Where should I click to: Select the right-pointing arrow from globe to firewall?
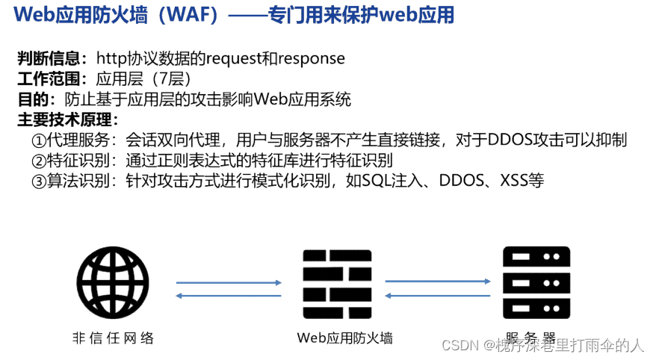(x=229, y=282)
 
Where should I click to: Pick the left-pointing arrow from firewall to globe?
(x=229, y=296)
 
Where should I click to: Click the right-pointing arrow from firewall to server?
(x=438, y=282)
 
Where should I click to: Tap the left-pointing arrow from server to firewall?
(x=438, y=295)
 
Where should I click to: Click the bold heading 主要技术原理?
(x=66, y=120)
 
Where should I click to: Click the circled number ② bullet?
(x=38, y=161)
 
